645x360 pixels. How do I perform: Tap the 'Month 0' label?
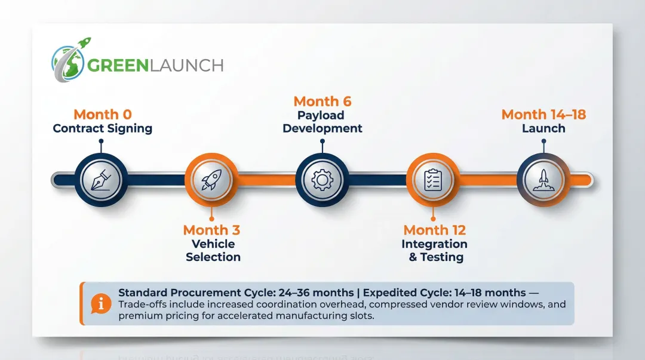(103, 114)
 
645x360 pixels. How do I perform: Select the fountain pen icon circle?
(101, 179)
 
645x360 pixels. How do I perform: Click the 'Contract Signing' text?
(103, 128)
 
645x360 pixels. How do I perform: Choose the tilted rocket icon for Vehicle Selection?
(211, 179)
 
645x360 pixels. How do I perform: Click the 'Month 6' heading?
(322, 101)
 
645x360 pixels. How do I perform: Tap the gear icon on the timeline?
(322, 179)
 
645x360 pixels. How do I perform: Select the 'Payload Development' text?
(322, 122)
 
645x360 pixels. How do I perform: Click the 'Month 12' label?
(434, 230)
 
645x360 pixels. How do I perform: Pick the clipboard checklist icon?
(433, 179)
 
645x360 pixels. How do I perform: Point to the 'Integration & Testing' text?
(435, 251)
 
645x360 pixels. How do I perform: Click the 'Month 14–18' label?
(543, 114)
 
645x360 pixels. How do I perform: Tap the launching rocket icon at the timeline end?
(543, 179)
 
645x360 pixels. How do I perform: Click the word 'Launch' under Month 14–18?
(543, 128)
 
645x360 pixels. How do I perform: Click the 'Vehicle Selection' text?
(213, 251)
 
